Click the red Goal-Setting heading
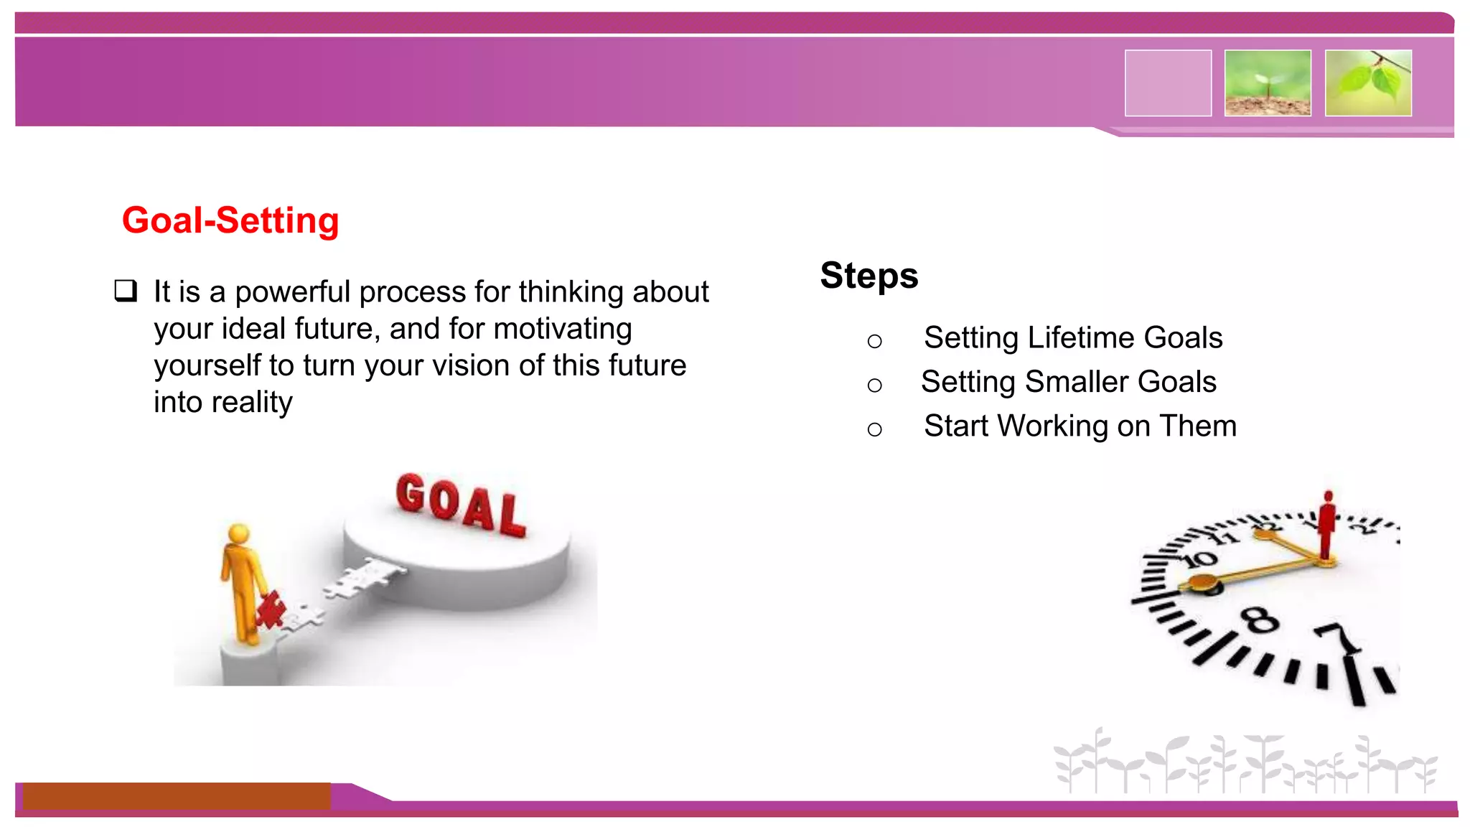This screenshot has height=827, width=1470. [230, 220]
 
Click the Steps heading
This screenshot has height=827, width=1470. [869, 276]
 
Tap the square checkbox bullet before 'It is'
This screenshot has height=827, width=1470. [126, 291]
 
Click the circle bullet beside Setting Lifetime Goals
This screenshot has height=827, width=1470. [874, 342]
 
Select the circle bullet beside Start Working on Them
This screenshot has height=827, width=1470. [874, 430]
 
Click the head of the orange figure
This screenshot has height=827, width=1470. [238, 534]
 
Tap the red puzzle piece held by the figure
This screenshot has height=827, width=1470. [270, 611]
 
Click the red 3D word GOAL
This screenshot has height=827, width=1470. [460, 505]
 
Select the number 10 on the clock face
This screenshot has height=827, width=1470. [1201, 559]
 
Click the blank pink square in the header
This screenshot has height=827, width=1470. [1168, 83]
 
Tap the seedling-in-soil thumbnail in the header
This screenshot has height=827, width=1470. [1268, 83]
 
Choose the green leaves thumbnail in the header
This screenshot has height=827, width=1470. [1368, 83]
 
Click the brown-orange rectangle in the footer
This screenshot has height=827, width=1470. [177, 796]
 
